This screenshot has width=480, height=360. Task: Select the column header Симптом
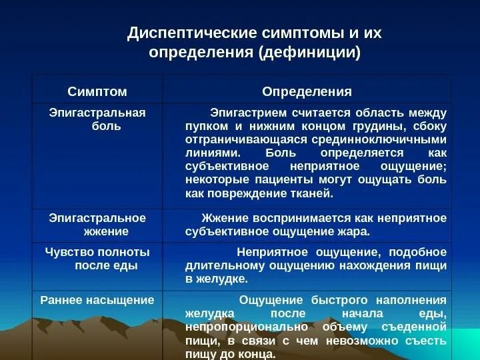click(97, 91)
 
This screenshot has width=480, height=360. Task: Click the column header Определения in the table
click(307, 91)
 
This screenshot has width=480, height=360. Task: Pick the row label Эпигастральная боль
click(97, 119)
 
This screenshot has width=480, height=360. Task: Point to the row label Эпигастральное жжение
click(97, 225)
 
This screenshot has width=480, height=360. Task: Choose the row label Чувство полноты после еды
click(97, 259)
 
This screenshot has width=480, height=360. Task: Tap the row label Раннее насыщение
click(97, 300)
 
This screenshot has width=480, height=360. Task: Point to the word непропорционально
click(238, 327)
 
